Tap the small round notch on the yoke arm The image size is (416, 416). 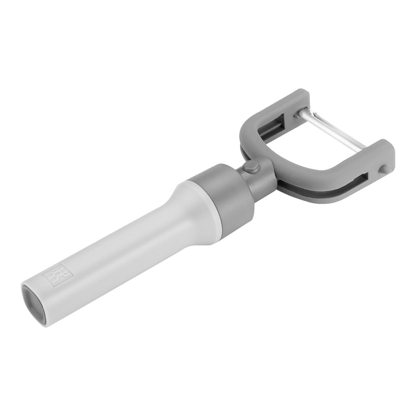[383, 169]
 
